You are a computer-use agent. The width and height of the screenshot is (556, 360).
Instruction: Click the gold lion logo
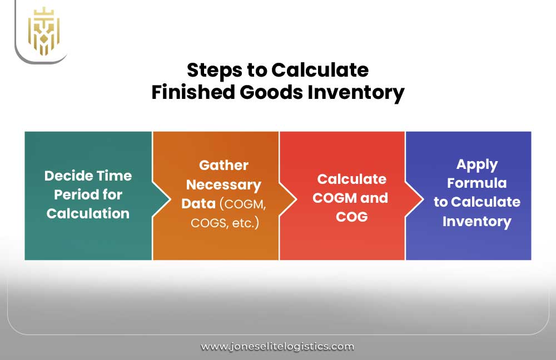[x=43, y=31]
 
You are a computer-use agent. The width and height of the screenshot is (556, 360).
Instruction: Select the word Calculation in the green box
[x=88, y=214]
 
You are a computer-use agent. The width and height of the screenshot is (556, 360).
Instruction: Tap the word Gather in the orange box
[x=224, y=166]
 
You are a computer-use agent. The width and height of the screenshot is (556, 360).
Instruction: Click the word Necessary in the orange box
[x=224, y=184]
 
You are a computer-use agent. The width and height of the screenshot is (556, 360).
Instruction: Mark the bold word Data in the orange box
[x=198, y=203]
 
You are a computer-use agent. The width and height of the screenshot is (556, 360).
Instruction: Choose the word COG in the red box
[x=351, y=217]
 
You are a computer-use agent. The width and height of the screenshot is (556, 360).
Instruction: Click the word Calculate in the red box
[x=351, y=179]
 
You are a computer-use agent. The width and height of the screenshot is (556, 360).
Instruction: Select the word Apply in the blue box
[x=476, y=164]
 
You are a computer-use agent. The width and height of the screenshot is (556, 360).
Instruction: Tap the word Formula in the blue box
[x=476, y=183]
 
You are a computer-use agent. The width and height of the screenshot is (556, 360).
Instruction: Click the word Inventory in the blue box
[x=476, y=222]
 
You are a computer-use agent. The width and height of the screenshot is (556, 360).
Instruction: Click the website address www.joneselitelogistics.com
[x=277, y=347]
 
